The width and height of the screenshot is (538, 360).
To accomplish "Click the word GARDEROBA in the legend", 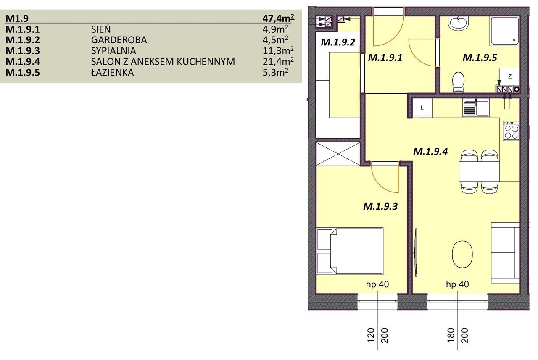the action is click(119, 40).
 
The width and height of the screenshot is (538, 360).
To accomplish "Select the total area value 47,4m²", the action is click(278, 18).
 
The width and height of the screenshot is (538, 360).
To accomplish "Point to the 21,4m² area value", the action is click(278, 61).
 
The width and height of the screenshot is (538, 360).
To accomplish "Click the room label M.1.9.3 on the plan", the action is click(380, 206).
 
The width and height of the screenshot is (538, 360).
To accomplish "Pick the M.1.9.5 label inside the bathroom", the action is click(480, 58).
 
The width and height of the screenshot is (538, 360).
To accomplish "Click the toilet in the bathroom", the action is click(458, 82).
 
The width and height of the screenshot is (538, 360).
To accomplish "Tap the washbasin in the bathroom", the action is click(459, 23).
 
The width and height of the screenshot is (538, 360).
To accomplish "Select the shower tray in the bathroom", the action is click(505, 31).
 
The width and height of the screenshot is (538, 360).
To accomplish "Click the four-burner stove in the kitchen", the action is click(511, 131).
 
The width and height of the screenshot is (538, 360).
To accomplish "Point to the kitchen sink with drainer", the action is click(476, 108).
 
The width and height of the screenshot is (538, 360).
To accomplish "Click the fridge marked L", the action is click(422, 108).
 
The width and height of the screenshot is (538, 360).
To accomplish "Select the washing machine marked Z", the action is click(510, 77).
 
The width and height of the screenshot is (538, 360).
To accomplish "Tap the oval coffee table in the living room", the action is click(462, 255).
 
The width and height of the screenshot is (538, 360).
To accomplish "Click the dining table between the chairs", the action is click(479, 172).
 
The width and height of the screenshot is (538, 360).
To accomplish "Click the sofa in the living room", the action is click(505, 253).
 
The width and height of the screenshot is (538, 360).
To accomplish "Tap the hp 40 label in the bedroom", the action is click(377, 284).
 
